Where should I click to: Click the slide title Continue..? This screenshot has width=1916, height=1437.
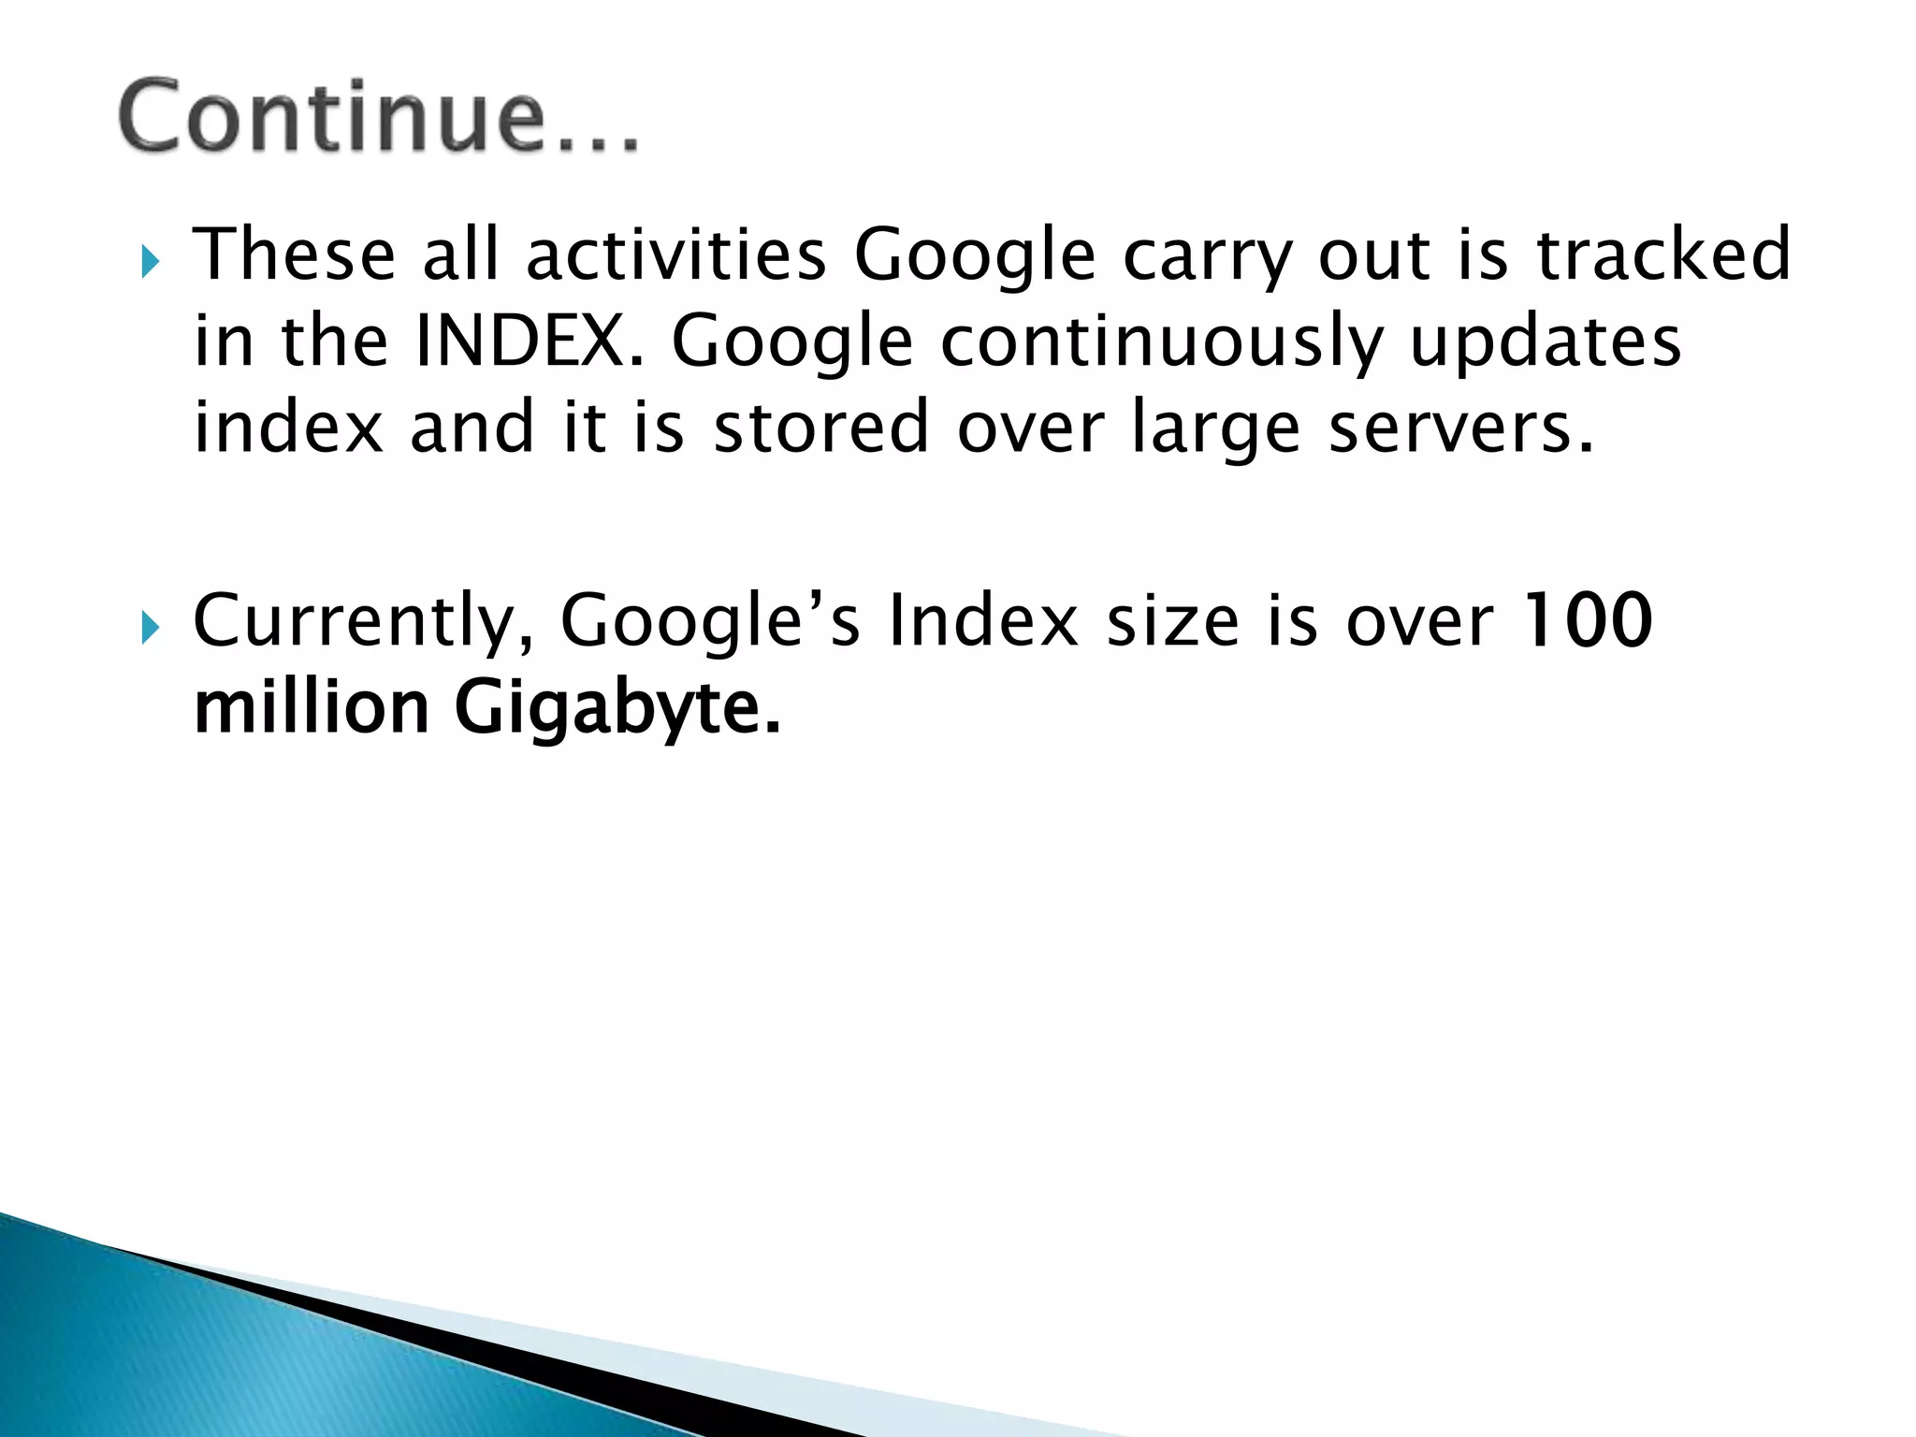[x=379, y=117]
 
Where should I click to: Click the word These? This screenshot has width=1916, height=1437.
[x=295, y=254]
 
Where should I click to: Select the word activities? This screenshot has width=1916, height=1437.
[x=675, y=254]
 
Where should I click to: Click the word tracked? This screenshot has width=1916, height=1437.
[x=1663, y=254]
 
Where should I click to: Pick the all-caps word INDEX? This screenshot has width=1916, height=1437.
[x=530, y=341]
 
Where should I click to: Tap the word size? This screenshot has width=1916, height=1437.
[x=1172, y=620]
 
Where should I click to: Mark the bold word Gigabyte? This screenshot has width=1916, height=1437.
[x=617, y=709]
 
